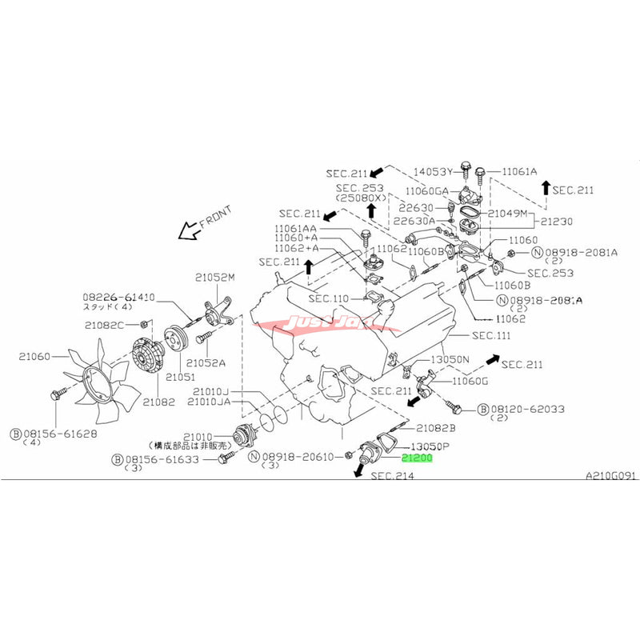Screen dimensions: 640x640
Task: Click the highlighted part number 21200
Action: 416,459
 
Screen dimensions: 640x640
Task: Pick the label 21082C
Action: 105,325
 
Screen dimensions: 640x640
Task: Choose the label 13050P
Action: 433,446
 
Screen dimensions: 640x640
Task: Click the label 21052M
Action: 214,278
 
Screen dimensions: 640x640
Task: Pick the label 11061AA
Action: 298,228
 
